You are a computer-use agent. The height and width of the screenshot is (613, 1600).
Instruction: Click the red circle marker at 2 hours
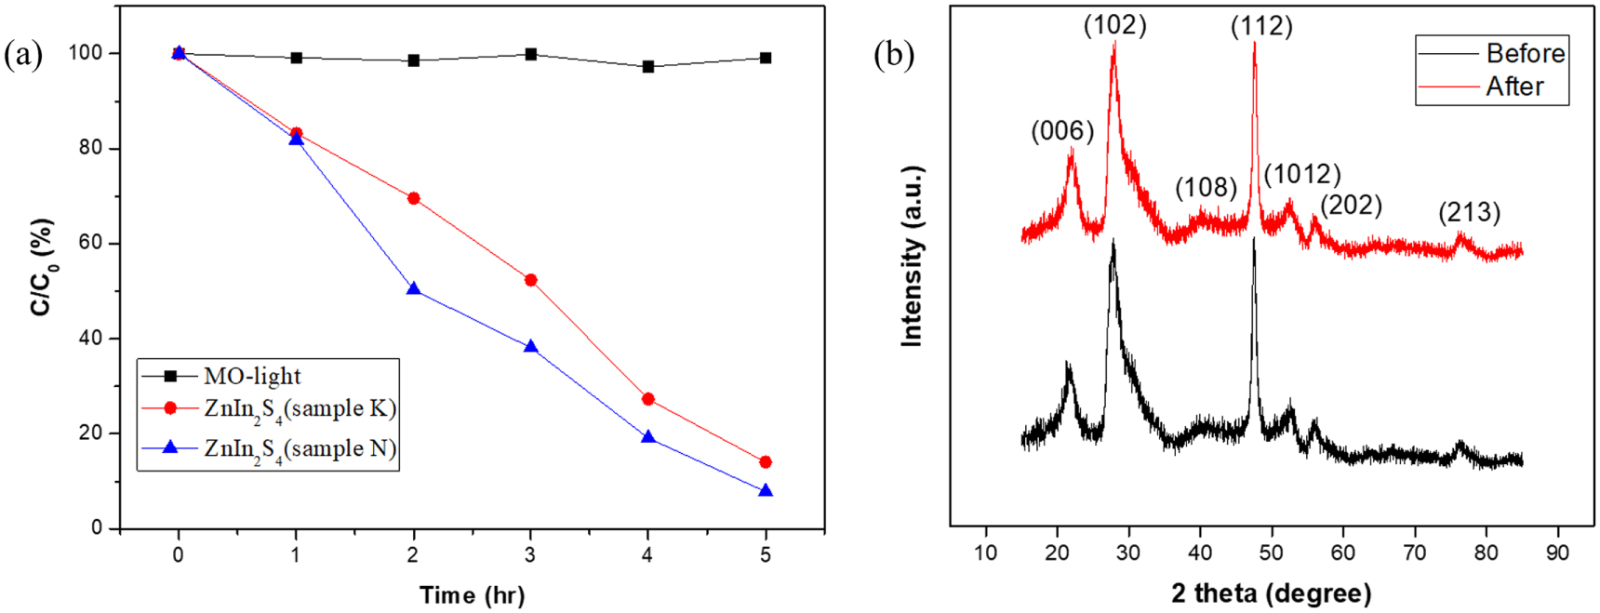point(413,198)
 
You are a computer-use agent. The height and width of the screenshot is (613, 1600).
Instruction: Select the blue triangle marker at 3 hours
point(531,346)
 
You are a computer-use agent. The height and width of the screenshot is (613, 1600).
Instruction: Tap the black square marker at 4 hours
point(648,67)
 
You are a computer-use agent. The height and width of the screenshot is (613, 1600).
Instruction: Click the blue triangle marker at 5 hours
point(766,490)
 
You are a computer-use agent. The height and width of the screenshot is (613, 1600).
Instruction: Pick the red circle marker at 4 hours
point(648,399)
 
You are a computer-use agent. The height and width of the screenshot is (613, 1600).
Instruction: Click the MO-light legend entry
point(252,376)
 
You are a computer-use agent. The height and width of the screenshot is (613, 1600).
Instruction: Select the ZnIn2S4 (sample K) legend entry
point(300,409)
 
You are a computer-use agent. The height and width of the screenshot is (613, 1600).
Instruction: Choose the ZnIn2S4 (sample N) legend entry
point(300,449)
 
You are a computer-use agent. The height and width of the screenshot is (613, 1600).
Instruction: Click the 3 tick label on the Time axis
point(530,555)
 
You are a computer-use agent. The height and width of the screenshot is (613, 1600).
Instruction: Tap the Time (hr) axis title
point(472,595)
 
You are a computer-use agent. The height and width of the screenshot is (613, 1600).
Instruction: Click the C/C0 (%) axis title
point(42,268)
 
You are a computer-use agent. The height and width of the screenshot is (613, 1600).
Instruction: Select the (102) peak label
point(1114,25)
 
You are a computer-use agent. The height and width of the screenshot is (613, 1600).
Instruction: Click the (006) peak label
point(1062,131)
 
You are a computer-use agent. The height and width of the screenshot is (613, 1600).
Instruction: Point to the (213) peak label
point(1469,212)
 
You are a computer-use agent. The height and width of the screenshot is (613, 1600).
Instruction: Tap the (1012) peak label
point(1301,174)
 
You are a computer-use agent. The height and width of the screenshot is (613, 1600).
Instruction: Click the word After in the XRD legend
point(1514,87)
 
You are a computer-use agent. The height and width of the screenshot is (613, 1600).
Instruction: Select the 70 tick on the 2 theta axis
point(1414,553)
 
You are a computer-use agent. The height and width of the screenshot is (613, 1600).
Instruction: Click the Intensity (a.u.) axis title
point(912,257)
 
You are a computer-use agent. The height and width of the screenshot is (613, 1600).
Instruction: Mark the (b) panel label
point(894,55)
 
